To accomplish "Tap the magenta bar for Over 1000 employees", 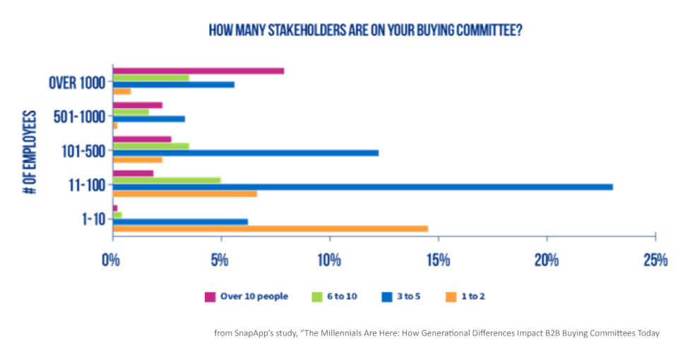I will (198, 71).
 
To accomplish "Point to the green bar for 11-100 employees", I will (166, 180).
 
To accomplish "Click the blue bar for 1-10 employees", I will (180, 221).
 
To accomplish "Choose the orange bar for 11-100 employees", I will (184, 193).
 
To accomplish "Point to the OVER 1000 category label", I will (77, 83).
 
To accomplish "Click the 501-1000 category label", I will (79, 116).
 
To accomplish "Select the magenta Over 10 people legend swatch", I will (210, 296).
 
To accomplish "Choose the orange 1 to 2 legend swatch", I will (450, 296).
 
